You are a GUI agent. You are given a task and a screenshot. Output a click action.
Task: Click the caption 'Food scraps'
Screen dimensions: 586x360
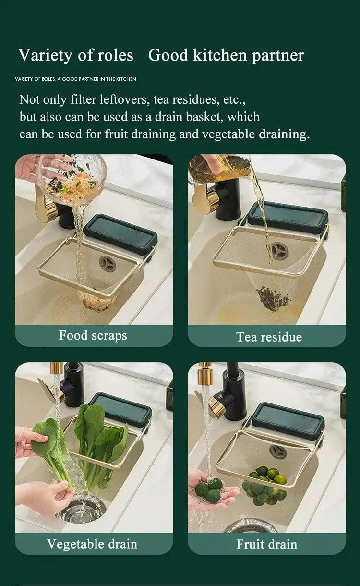pyautogui.click(x=93, y=335)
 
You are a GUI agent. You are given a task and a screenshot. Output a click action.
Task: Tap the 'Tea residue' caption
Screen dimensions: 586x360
pyautogui.click(x=269, y=337)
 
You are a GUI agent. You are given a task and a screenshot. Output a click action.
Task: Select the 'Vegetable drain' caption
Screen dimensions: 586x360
pyautogui.click(x=92, y=544)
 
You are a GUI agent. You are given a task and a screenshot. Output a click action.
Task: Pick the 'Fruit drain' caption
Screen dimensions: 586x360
pyautogui.click(x=266, y=544)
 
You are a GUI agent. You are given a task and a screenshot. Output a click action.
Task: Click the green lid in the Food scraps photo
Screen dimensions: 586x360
pyautogui.click(x=120, y=232)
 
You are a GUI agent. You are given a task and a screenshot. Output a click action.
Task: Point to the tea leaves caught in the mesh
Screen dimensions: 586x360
pyautogui.click(x=272, y=298)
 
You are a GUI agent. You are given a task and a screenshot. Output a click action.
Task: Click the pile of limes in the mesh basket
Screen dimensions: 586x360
pyautogui.click(x=264, y=485)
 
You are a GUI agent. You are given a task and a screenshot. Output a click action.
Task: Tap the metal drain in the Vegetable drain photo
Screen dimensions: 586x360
pyautogui.click(x=81, y=510)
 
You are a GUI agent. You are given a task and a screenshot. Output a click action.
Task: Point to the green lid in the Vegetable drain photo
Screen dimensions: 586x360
pyautogui.click(x=120, y=409)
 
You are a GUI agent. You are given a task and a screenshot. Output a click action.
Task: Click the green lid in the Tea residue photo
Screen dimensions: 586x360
pyautogui.click(x=288, y=217)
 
